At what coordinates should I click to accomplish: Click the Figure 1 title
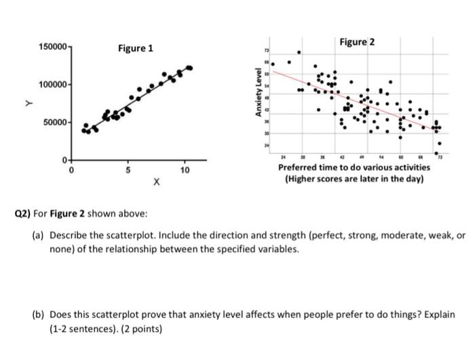coord(136,48)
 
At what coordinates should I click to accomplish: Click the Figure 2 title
coord(357,42)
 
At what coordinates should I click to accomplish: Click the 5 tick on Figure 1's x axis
coord(125,170)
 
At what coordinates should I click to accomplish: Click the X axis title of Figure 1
coord(156,182)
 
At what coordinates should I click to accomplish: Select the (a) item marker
coord(38,235)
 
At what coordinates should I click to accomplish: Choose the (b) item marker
coord(38,315)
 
